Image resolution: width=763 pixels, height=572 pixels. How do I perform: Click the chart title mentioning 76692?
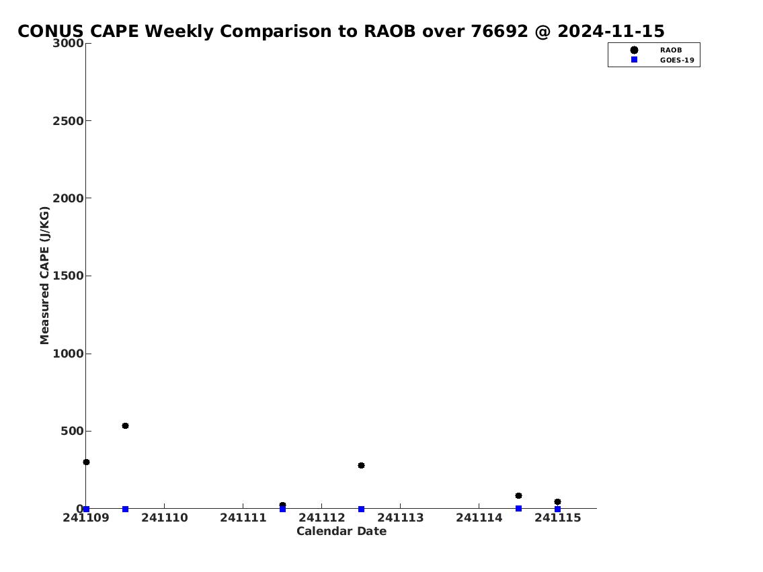tap(341, 31)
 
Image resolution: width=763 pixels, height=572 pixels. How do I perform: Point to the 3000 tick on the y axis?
tap(68, 43)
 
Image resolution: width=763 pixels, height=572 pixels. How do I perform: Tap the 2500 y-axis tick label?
tap(68, 121)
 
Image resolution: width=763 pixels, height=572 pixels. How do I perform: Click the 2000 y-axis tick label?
tap(68, 198)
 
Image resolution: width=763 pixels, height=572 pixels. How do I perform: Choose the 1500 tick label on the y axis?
tap(68, 276)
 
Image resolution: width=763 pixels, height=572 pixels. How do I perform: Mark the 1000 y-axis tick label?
tap(68, 354)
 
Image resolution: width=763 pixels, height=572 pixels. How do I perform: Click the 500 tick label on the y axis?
tap(72, 431)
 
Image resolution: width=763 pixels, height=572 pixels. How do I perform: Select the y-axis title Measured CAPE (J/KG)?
tap(44, 276)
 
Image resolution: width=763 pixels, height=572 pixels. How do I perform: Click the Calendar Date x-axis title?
tap(342, 531)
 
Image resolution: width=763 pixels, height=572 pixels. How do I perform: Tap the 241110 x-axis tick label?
tap(165, 518)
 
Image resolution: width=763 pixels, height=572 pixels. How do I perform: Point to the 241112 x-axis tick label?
tap(321, 518)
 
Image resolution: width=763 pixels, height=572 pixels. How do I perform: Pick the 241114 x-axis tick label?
tap(479, 518)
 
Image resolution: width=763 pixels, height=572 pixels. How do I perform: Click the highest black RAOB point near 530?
tap(125, 426)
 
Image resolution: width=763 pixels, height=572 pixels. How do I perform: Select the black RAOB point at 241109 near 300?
tap(86, 462)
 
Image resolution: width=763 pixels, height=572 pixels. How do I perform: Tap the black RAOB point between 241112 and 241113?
tap(361, 466)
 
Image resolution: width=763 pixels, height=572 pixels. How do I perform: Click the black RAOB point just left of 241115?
tap(518, 495)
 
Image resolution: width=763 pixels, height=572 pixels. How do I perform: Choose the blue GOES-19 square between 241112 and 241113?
tap(361, 509)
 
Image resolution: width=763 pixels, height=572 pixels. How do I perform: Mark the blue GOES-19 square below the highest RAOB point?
tap(125, 509)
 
